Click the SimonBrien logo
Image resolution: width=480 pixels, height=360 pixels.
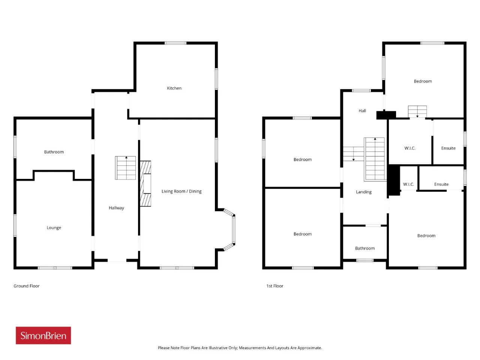43,335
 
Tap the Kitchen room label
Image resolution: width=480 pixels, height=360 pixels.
174,88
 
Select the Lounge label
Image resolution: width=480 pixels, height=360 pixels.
54,228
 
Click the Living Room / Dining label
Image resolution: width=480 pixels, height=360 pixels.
181,192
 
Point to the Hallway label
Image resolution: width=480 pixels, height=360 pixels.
116,208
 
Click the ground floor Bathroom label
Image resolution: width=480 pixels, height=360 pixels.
54,152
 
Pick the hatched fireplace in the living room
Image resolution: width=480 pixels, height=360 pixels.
145,184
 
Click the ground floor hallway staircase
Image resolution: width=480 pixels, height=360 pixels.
125,168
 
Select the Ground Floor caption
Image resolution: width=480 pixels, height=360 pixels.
27,286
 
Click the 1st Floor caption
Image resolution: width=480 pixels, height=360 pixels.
274,286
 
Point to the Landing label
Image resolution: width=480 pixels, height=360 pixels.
364,192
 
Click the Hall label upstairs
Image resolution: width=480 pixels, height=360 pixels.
362,111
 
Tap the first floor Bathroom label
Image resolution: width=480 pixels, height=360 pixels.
365,248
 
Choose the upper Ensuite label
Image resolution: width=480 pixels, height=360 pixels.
448,148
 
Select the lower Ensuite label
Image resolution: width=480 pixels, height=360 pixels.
441,184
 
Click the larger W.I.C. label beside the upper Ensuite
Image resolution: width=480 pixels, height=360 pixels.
410,148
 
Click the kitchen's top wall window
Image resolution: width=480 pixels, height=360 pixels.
175,43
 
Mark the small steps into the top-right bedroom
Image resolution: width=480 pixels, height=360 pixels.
417,112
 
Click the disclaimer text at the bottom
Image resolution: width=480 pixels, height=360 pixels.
240,348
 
